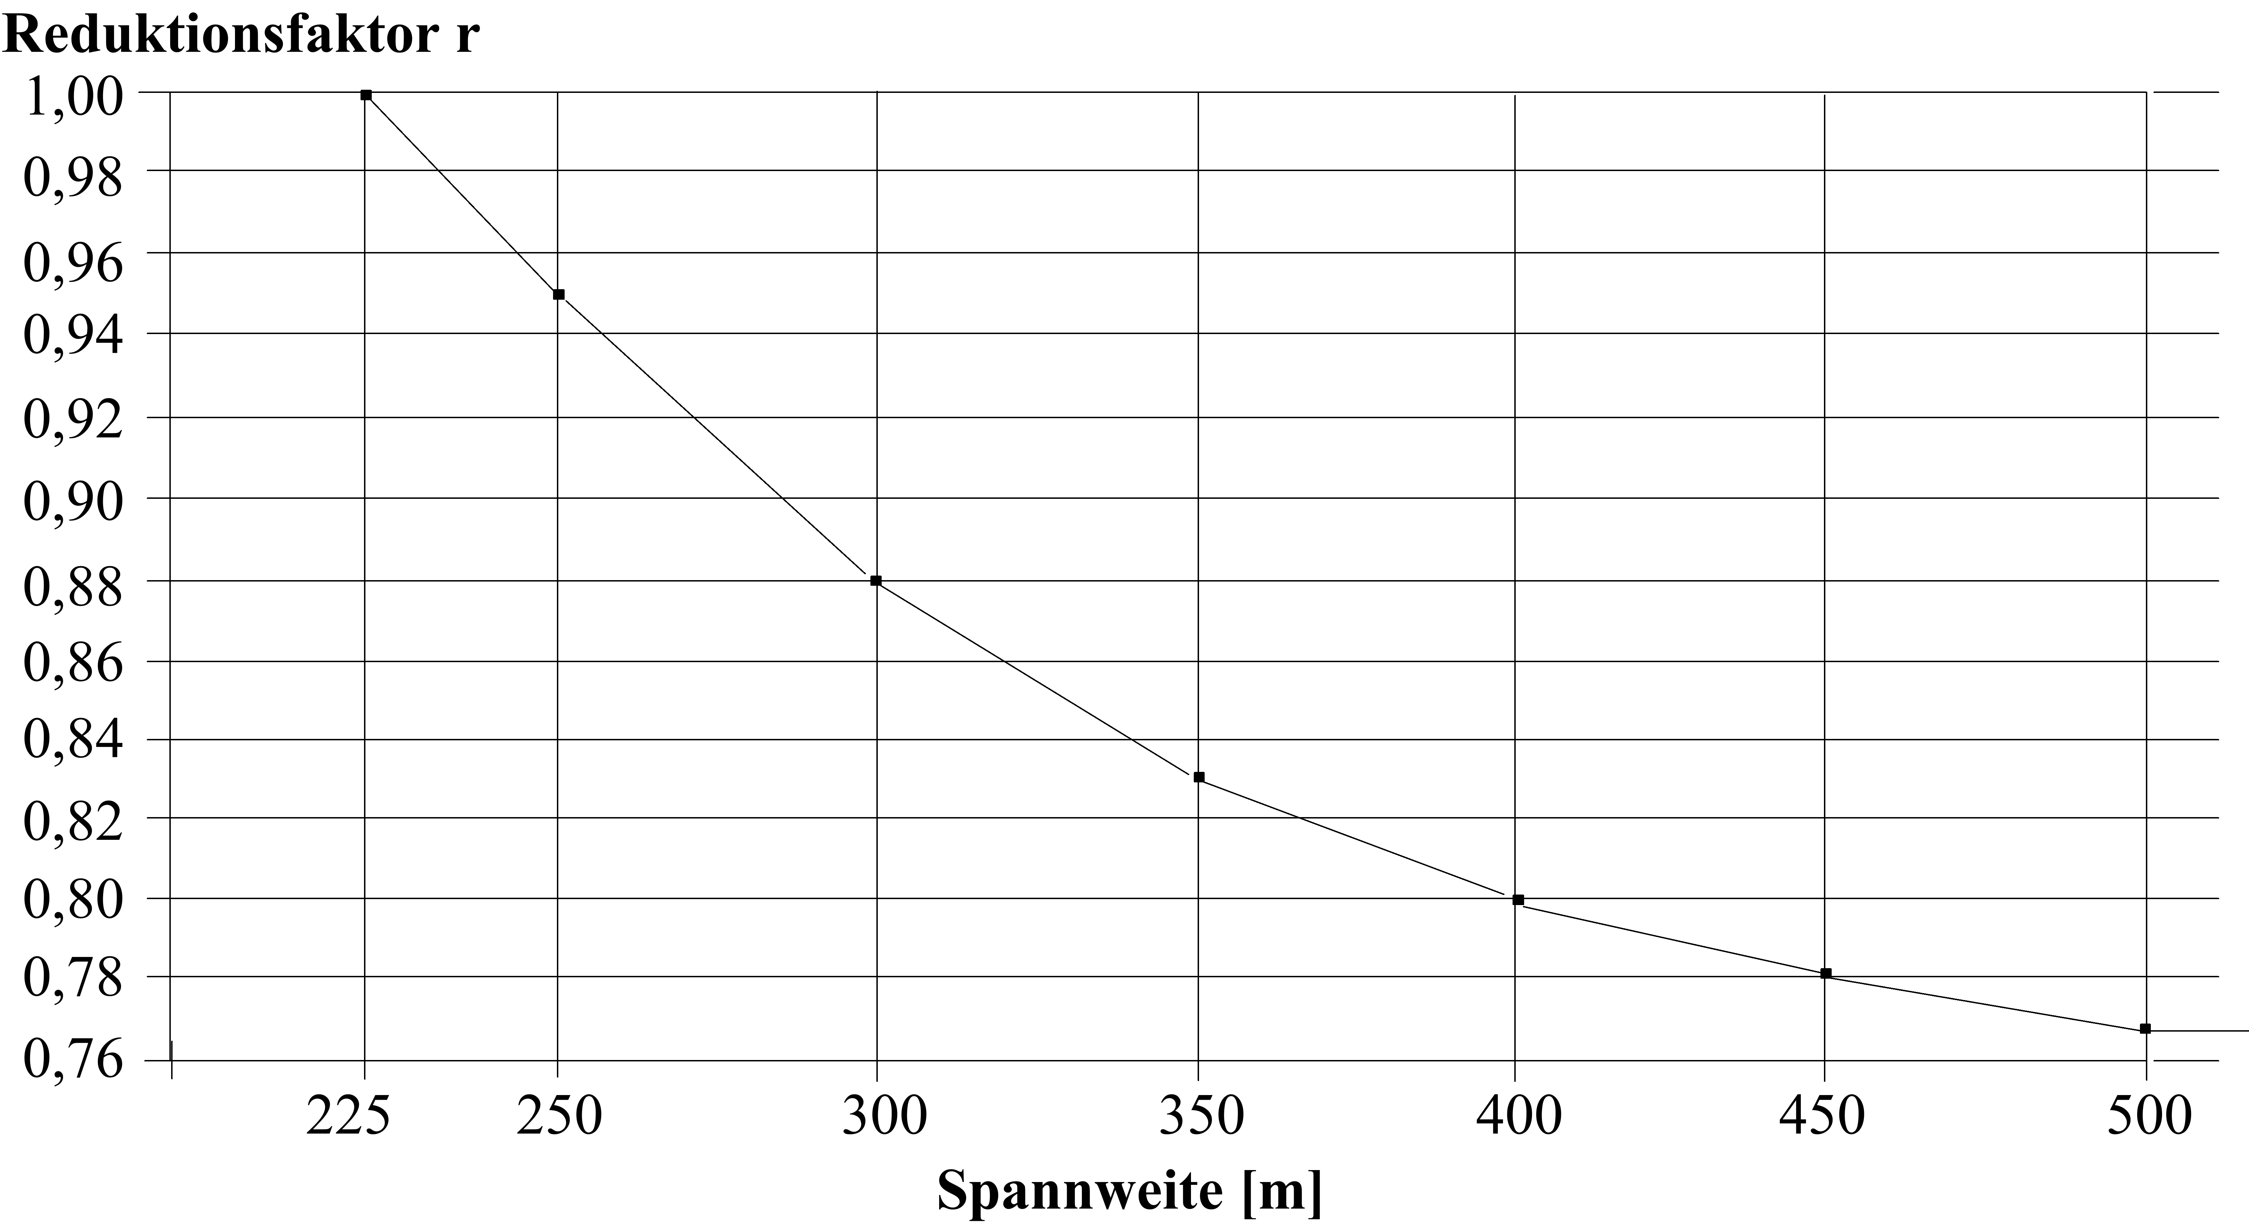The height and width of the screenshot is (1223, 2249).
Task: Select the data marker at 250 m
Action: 559,294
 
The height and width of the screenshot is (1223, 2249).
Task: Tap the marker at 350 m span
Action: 1199,777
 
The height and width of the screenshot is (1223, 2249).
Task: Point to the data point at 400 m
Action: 1518,899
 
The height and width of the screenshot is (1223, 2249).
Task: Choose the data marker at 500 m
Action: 2145,1028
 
